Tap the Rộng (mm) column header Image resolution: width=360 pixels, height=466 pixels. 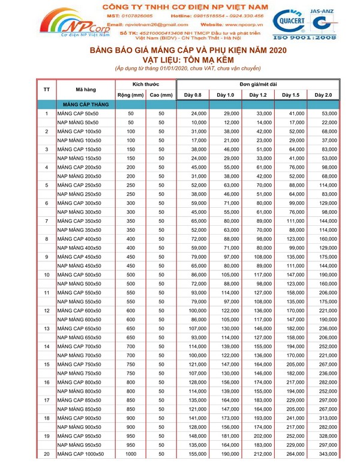tap(130, 95)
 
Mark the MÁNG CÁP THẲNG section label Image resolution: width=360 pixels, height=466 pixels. tap(85, 104)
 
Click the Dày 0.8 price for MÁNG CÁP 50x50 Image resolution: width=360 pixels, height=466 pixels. tap(199, 113)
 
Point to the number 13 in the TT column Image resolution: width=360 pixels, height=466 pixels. tap(47, 328)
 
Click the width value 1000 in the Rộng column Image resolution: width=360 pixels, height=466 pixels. tap(131, 454)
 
